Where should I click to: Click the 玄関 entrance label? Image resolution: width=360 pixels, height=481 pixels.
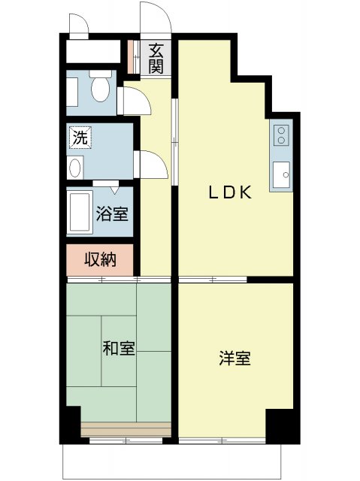(x=156, y=59)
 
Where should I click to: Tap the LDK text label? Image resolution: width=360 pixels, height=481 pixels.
(x=229, y=192)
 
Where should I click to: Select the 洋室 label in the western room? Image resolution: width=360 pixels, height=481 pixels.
(x=235, y=358)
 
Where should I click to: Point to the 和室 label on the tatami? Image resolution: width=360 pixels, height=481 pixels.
(x=119, y=348)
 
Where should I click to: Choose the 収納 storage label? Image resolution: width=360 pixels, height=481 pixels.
(x=99, y=260)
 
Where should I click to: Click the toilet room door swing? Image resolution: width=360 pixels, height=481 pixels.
(x=130, y=100)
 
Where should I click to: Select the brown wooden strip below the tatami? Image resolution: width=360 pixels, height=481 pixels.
(x=126, y=429)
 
